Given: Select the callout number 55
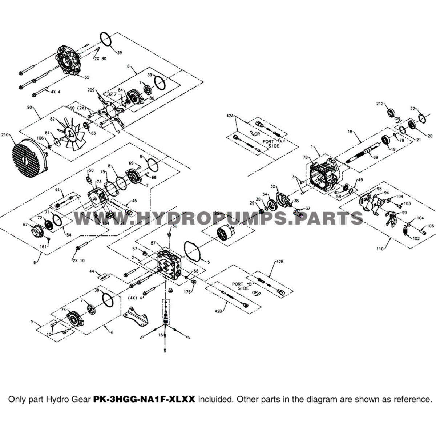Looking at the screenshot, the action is [87, 77].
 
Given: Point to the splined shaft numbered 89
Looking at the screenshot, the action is [363, 153].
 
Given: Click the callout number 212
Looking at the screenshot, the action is [379, 104].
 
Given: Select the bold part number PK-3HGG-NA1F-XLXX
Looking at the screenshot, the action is [145, 399].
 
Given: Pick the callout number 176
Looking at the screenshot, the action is [187, 291].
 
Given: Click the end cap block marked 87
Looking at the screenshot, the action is [169, 265].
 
